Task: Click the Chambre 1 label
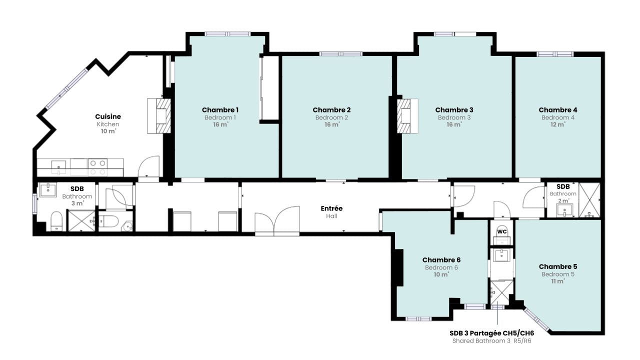[220, 109]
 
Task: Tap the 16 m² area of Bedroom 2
[331, 124]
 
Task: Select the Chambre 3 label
[454, 109]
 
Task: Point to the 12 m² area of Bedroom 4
[557, 124]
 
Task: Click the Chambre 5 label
[557, 266]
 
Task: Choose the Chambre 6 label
[441, 260]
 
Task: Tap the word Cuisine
[108, 116]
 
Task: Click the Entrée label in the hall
[331, 208]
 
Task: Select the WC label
[501, 231]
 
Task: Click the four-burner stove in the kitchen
[97, 167]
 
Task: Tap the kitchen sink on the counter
[58, 167]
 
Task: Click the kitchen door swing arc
[148, 166]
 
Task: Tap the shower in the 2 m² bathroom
[589, 200]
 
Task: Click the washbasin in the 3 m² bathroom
[48, 190]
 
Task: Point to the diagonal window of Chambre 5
[536, 319]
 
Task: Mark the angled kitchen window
[67, 88]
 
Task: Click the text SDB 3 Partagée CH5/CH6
[491, 333]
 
